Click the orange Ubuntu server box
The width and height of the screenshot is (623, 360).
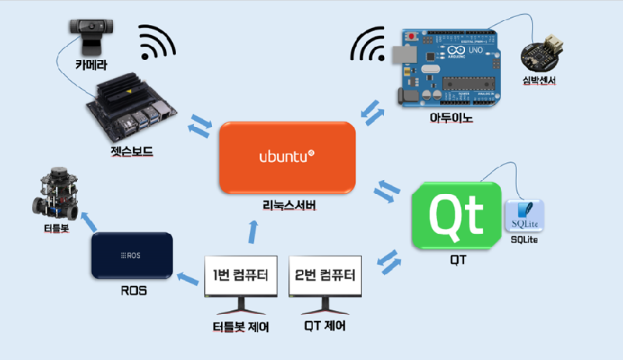287,158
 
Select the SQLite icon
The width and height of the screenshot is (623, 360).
524,216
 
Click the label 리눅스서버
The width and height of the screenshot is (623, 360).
287,206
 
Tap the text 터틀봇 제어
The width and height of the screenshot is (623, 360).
241,326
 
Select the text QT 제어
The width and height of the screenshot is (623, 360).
326,326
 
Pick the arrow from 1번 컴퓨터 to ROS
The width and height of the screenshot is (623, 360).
188,277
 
